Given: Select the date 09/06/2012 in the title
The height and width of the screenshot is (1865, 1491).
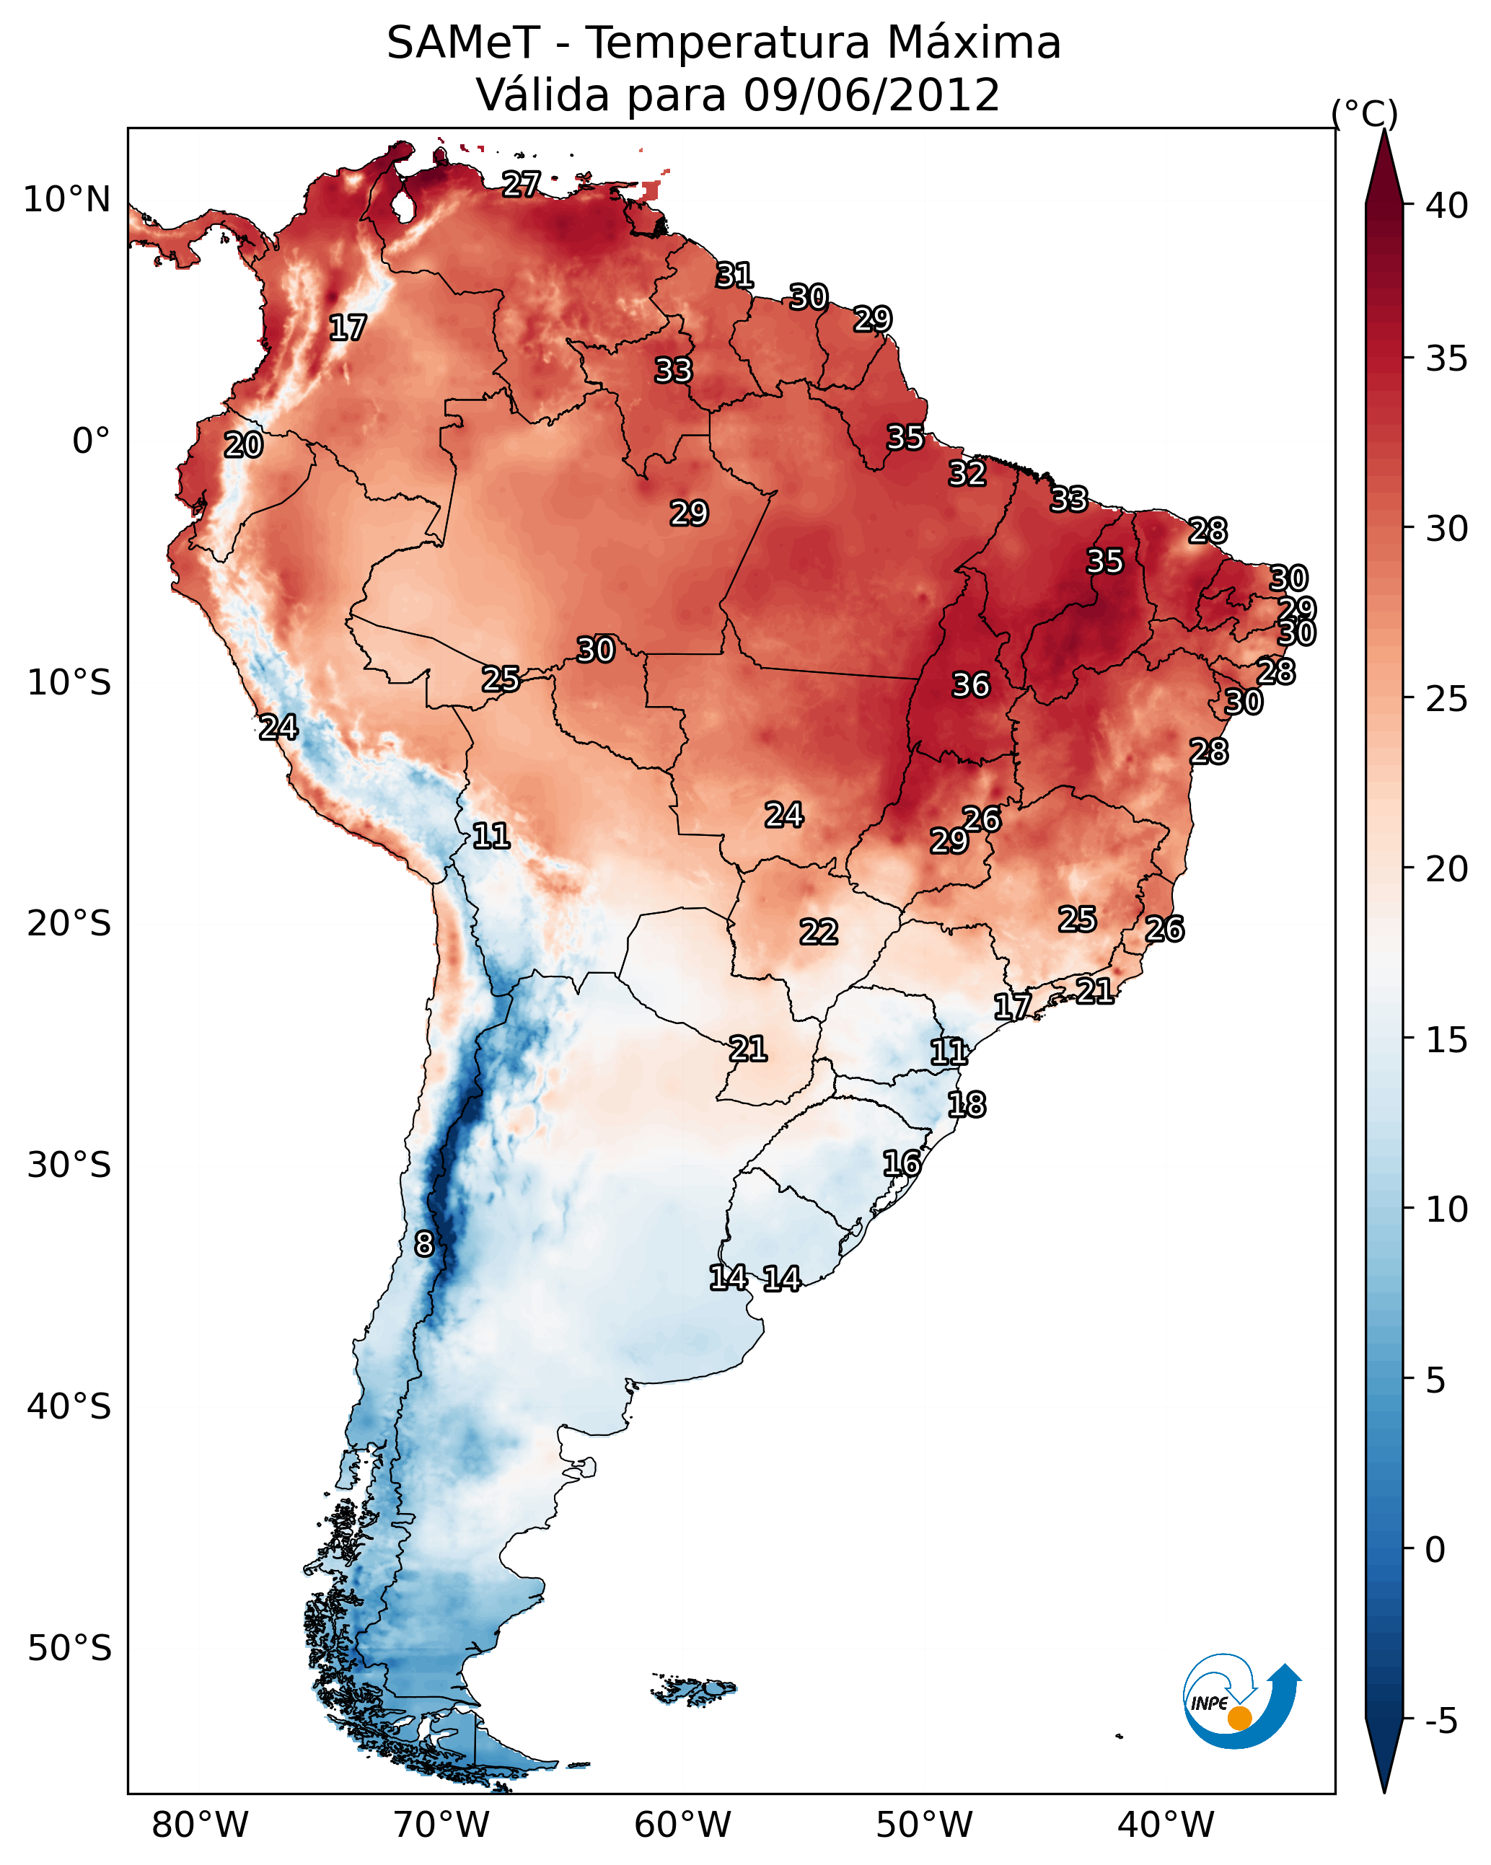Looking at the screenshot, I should [x=871, y=95].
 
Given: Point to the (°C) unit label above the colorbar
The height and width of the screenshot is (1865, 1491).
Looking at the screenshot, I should [x=1364, y=113].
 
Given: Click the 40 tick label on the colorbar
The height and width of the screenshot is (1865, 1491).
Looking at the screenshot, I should [x=1447, y=206].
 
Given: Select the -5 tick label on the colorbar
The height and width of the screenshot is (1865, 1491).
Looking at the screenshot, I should [x=1441, y=1721].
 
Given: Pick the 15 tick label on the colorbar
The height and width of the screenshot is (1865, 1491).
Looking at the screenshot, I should [x=1447, y=1040].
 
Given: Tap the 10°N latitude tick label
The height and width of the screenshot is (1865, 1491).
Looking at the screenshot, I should [x=66, y=200].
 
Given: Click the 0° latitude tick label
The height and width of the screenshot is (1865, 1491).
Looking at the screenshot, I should [x=91, y=441].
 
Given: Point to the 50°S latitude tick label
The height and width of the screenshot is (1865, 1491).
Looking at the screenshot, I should [x=69, y=1649].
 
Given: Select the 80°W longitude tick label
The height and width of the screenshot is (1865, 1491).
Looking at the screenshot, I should [x=200, y=1825].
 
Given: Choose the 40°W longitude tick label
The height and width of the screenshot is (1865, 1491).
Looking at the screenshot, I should [x=1166, y=1825].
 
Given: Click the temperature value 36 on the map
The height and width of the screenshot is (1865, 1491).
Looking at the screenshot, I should [x=970, y=685].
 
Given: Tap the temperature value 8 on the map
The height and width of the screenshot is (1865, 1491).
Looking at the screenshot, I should [x=423, y=1244].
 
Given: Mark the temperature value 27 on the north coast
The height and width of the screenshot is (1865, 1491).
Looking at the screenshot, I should [x=521, y=183].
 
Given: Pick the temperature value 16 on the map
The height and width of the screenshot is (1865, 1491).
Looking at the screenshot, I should [x=901, y=1163].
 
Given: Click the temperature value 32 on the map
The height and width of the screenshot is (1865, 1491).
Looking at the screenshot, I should [x=967, y=474].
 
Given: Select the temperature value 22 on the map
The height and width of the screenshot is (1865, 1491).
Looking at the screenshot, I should [x=818, y=932].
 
